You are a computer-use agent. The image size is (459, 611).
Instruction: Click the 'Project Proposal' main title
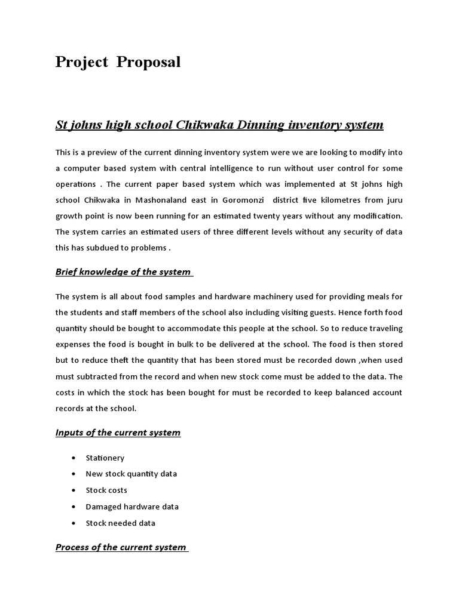click(x=118, y=62)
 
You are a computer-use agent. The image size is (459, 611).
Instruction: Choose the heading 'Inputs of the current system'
click(x=118, y=433)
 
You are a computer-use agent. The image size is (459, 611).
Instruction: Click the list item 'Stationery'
click(x=105, y=458)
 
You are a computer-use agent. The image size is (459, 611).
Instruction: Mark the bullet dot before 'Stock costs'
click(x=73, y=490)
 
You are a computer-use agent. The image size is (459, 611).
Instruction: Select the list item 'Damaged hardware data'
click(x=132, y=507)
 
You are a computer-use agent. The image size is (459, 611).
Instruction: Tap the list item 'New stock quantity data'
click(x=131, y=474)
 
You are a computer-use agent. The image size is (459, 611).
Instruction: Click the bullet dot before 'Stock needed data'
click(x=73, y=523)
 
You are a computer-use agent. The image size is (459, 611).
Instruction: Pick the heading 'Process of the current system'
click(x=121, y=547)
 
